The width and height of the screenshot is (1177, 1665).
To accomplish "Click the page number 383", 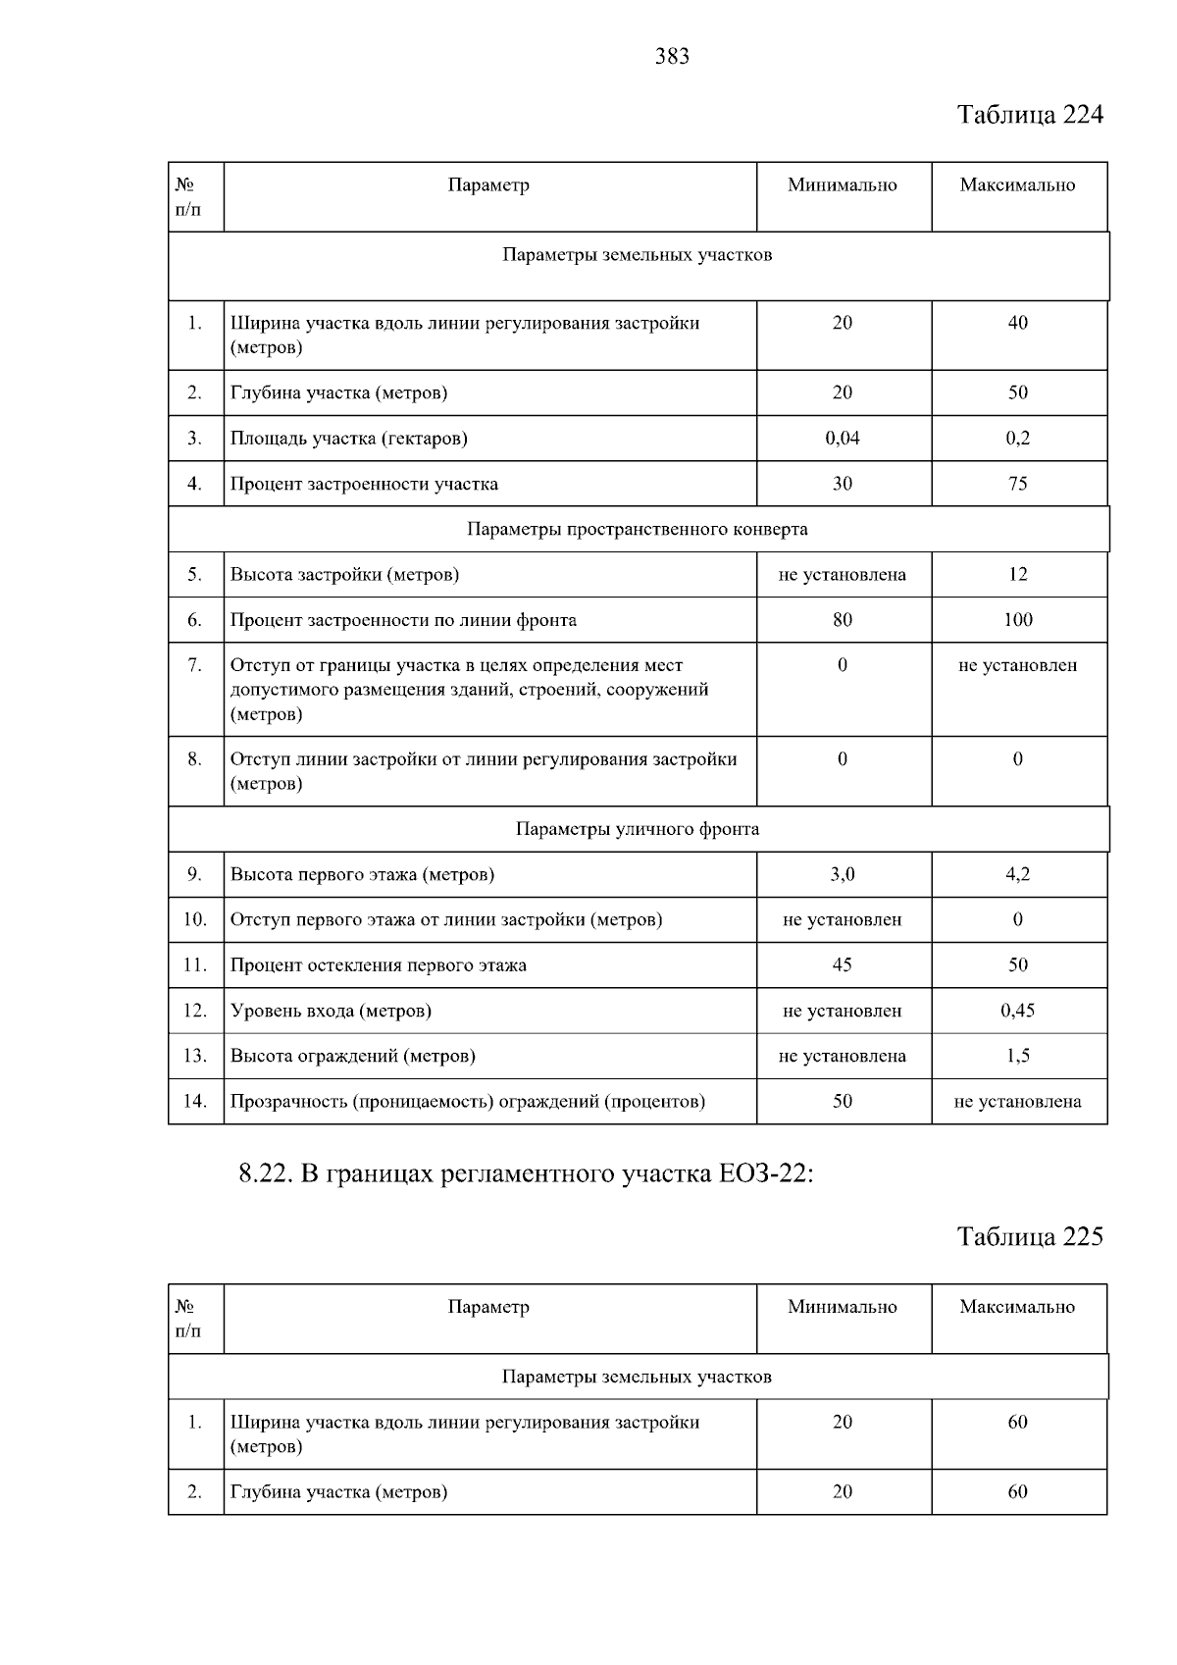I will (672, 57).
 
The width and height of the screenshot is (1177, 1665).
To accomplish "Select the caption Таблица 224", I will (1030, 115).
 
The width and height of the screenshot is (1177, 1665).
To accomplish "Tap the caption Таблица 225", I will (1030, 1236).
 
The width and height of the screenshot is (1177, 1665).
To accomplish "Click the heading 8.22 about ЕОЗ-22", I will (527, 1174).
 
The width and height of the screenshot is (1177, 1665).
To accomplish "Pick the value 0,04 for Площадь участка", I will (843, 439).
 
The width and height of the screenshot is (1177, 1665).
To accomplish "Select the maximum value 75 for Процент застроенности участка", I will (1018, 484).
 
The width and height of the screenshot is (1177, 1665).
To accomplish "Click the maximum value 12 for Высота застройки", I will (1018, 575).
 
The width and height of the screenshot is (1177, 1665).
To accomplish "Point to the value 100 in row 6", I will (1018, 620).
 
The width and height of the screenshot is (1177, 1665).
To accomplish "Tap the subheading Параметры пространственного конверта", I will (638, 530).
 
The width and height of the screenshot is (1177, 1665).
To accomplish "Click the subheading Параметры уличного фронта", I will (638, 829).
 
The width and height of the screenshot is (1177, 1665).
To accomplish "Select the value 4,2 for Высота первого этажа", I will (1018, 874).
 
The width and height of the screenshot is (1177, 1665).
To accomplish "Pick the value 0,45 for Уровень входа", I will (1018, 1011).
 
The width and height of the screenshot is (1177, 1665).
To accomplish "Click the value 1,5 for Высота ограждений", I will (1018, 1056).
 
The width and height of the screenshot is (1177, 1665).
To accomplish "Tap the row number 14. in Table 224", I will (195, 1102).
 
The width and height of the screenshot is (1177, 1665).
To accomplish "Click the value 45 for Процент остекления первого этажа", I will (843, 965).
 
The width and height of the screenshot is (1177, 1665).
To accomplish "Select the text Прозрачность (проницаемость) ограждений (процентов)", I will (468, 1102).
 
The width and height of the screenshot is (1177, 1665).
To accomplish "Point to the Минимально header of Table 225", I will (843, 1307).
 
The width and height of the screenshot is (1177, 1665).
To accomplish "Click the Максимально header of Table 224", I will (1018, 185).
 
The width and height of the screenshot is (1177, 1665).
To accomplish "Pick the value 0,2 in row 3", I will (1018, 439).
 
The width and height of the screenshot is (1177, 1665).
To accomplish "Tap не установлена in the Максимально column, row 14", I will (1018, 1102).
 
